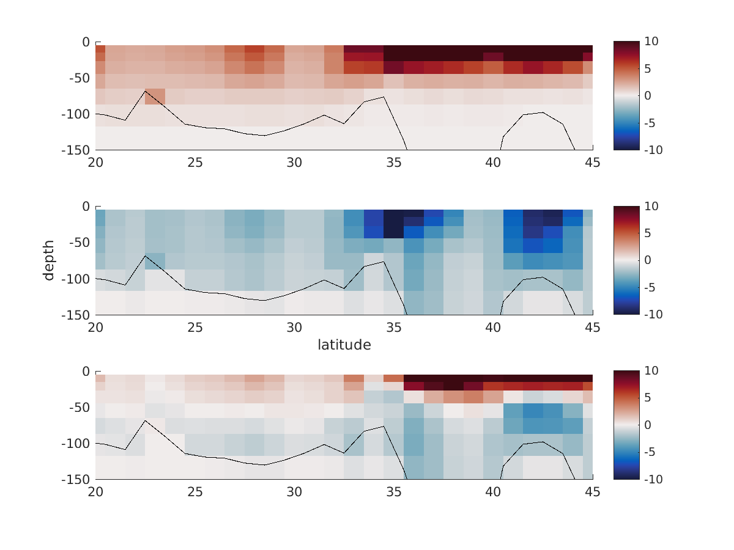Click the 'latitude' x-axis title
(x=344, y=345)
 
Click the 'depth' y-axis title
(x=49, y=260)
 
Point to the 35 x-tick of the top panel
(x=394, y=162)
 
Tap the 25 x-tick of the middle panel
(x=195, y=327)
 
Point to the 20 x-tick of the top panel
(x=95, y=162)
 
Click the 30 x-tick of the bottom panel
(x=294, y=491)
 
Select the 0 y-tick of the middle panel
(x=85, y=207)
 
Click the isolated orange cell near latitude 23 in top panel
(x=155, y=97)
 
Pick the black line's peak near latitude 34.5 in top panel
(x=384, y=97)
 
